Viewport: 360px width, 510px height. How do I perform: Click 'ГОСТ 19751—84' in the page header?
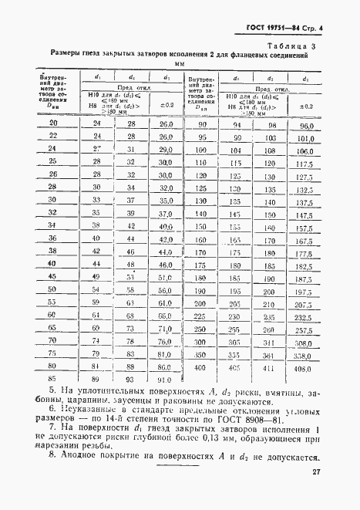click(274, 29)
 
